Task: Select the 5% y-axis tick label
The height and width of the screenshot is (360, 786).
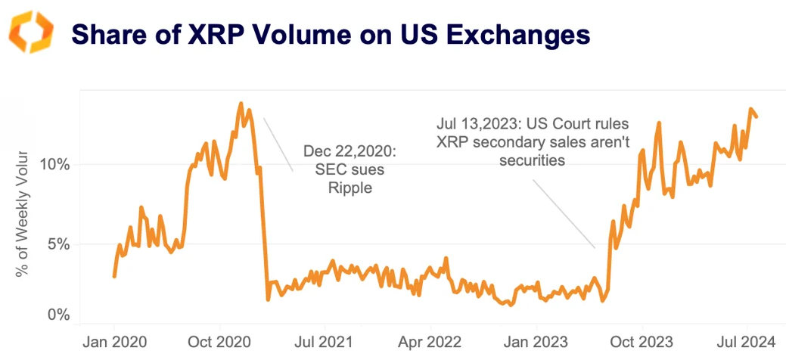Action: pos(57,244)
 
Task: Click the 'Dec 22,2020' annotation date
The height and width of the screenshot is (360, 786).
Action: pos(350,152)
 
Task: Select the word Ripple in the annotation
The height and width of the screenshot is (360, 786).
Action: pos(350,188)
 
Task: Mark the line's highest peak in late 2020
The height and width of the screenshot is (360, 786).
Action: pos(241,104)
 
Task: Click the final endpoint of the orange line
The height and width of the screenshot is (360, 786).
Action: pos(756,116)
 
